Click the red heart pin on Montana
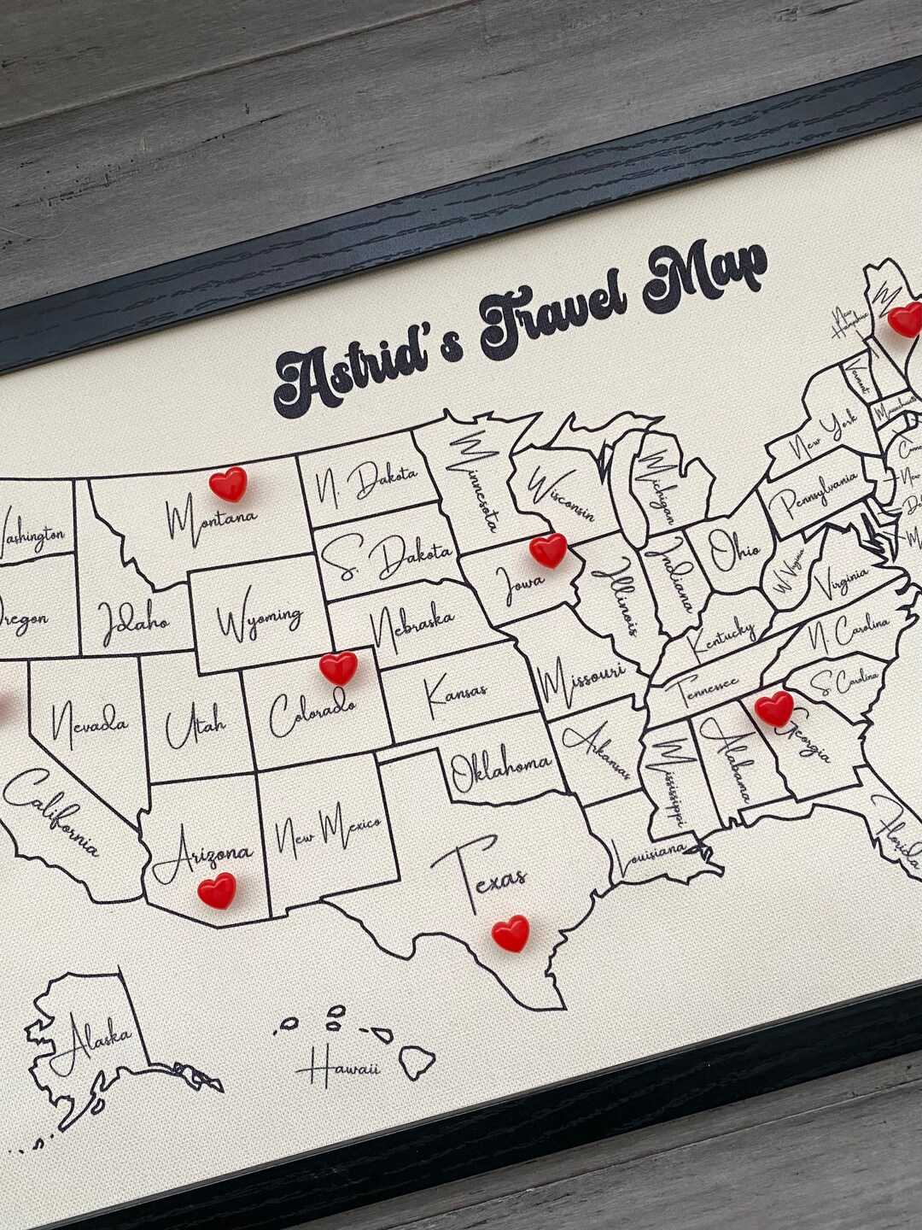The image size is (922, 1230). tap(229, 483)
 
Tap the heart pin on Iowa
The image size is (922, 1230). tap(548, 550)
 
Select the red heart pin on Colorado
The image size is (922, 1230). tap(338, 667)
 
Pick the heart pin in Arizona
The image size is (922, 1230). tap(217, 891)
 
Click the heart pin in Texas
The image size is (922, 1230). tap(511, 933)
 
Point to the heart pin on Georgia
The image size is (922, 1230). tap(774, 708)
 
